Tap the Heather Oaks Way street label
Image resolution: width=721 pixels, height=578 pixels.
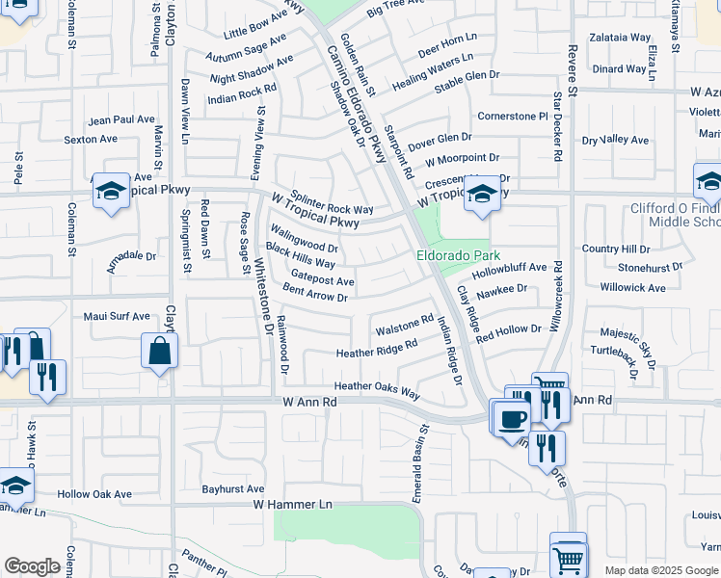pos(377,390)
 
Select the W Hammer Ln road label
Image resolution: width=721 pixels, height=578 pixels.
pos(292,504)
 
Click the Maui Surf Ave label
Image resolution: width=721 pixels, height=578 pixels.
pos(117,315)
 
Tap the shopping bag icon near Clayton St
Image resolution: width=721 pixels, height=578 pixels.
pos(160,354)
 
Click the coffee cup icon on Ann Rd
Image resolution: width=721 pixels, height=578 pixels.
pos(512,418)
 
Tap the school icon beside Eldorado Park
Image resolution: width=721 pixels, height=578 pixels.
pos(481,196)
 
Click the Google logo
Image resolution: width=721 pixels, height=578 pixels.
pos(32,566)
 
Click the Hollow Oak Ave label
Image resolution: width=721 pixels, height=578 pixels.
pos(93,494)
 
